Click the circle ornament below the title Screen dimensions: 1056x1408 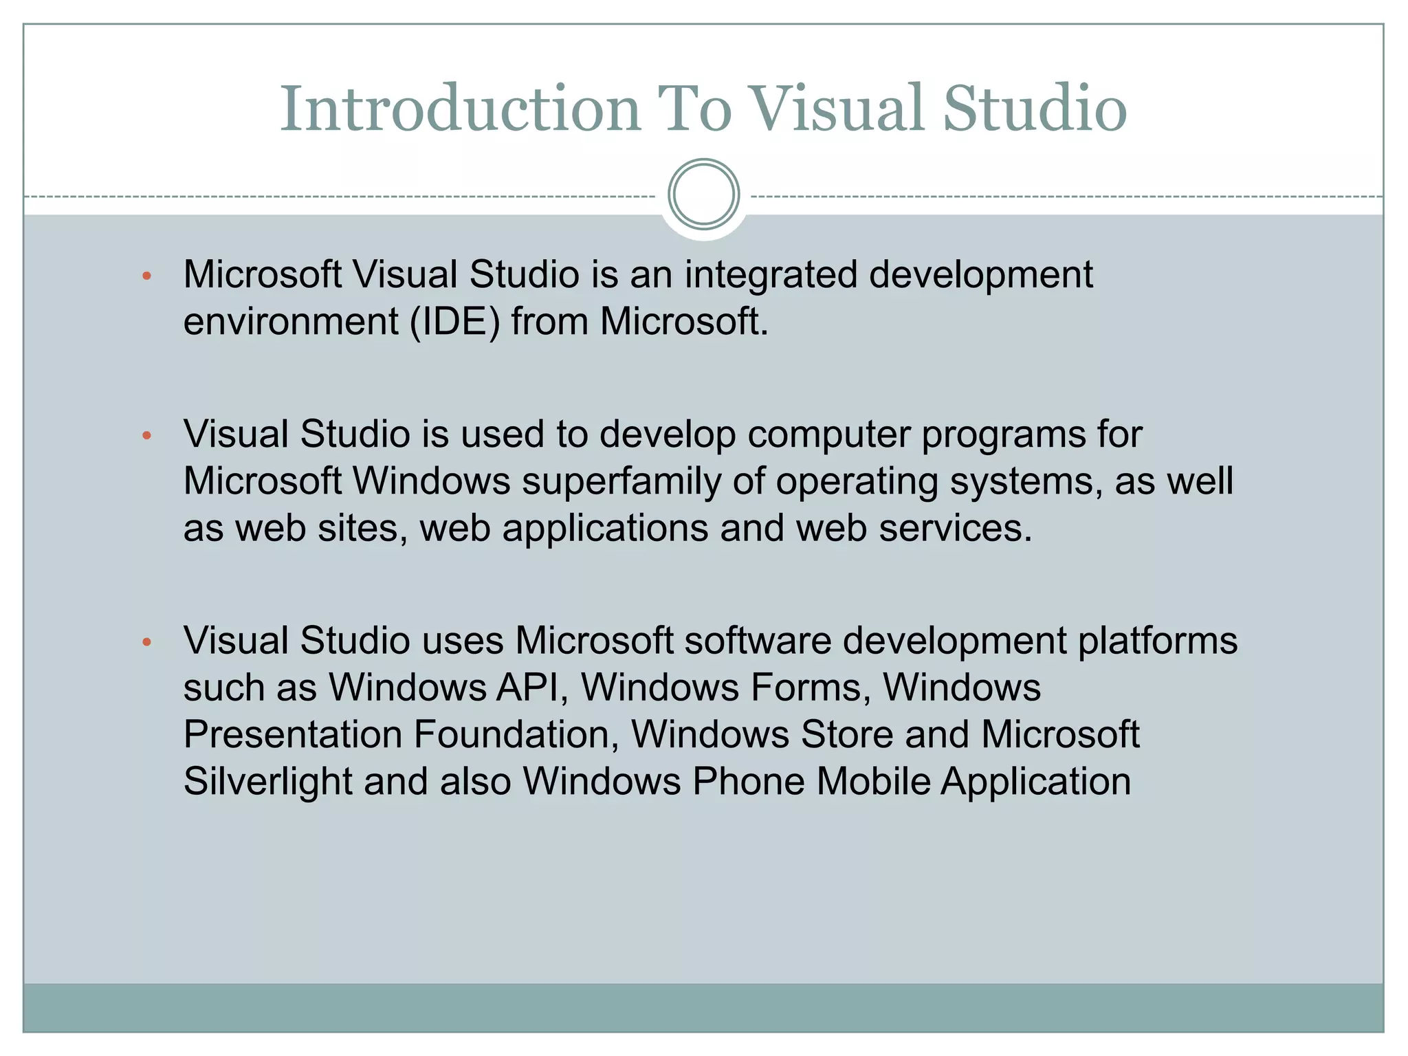click(x=703, y=195)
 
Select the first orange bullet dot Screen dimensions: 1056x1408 click(x=146, y=276)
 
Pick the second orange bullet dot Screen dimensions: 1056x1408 click(x=146, y=435)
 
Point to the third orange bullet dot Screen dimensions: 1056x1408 click(x=146, y=642)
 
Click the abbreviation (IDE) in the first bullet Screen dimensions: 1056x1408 click(x=455, y=322)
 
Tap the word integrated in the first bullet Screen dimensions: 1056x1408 click(x=771, y=275)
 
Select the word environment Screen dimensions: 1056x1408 click(x=291, y=322)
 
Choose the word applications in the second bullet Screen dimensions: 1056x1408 click(x=605, y=528)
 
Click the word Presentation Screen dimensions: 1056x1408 click(x=293, y=735)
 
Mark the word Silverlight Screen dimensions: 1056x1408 click(x=267, y=782)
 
